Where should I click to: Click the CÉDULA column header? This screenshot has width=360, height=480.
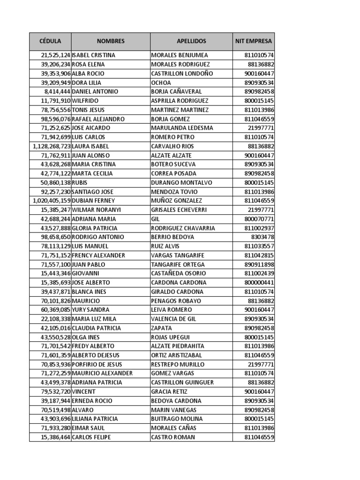[x=50, y=41]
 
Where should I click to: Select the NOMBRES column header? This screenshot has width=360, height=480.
[x=111, y=41]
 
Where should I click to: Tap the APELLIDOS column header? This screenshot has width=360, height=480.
[x=191, y=41]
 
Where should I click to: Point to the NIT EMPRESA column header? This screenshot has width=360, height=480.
[x=253, y=41]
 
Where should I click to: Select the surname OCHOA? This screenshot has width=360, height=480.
[x=161, y=82]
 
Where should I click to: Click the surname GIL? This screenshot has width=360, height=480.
[x=156, y=219]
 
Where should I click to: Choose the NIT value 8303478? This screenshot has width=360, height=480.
[x=262, y=237]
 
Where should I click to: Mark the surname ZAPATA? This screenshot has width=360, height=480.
[x=162, y=328]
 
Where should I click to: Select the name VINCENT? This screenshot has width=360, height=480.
[x=84, y=391]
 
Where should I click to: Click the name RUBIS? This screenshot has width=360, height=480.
[x=80, y=182]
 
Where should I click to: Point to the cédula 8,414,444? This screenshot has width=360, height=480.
[x=57, y=92]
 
